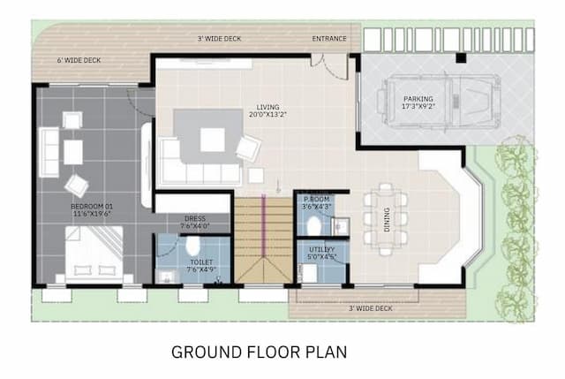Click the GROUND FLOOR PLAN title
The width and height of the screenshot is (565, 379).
[259, 351]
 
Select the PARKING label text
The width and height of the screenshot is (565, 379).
[418, 98]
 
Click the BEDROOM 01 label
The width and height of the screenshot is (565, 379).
[92, 207]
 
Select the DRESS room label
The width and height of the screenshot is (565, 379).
[194, 218]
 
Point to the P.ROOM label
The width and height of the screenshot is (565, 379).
[316, 201]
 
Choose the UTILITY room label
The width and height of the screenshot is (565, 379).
[321, 250]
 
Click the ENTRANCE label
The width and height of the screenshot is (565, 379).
[329, 40]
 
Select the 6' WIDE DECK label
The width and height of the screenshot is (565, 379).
[79, 60]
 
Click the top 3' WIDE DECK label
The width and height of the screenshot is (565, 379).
[220, 40]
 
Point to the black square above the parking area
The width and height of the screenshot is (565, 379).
[461, 58]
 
